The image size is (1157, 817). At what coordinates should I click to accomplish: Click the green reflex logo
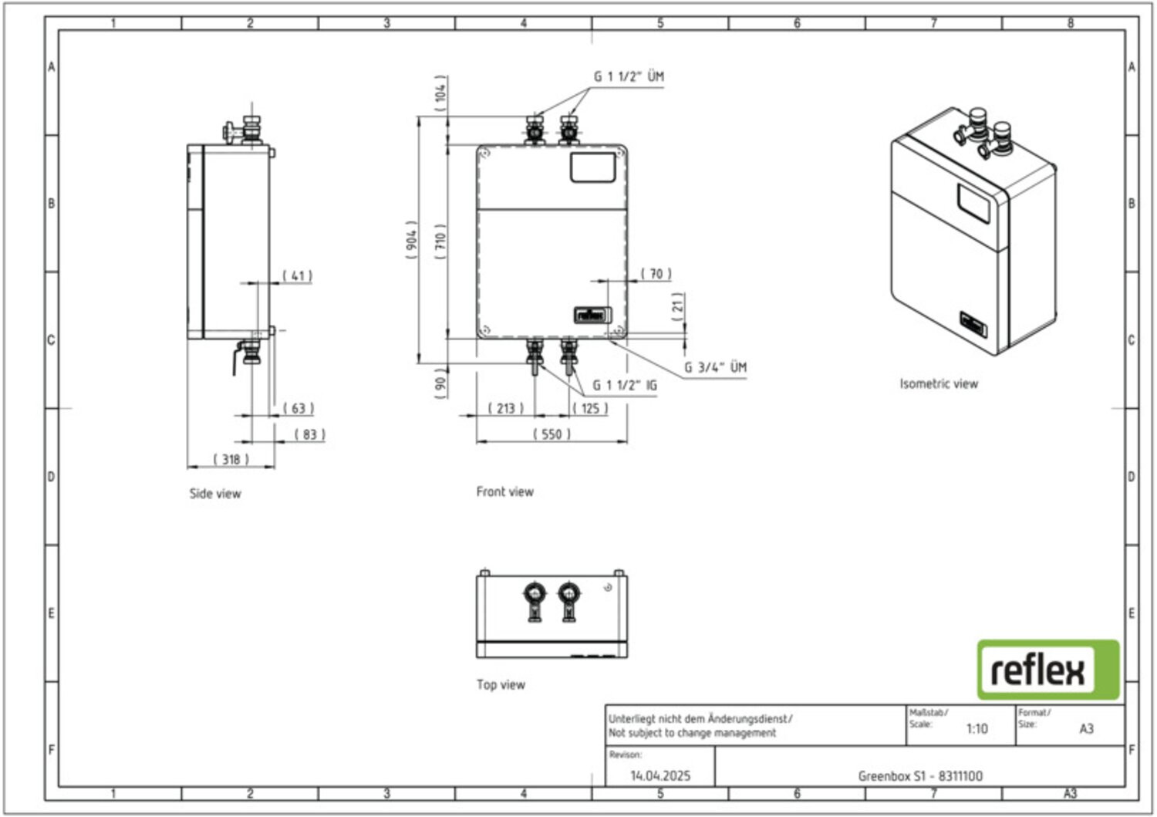(1047, 670)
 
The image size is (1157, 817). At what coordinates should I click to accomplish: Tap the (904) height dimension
(412, 240)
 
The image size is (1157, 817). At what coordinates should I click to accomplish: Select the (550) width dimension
(552, 434)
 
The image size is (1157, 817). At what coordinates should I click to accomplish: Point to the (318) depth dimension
(231, 460)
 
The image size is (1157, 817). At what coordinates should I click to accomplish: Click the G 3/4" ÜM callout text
(715, 367)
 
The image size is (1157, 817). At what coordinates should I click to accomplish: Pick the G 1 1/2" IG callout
(624, 385)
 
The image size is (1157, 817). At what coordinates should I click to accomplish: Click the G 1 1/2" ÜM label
(628, 76)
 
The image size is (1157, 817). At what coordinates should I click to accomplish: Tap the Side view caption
(215, 494)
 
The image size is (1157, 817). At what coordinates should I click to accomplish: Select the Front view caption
(504, 491)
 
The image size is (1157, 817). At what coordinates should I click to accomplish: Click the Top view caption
(501, 684)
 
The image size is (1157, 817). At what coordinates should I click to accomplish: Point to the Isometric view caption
(938, 383)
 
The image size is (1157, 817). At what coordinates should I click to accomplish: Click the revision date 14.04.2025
(660, 775)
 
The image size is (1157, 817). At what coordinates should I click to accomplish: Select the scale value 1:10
(977, 728)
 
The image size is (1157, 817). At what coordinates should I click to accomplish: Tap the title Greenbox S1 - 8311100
(920, 775)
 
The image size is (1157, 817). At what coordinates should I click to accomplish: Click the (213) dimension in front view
(505, 408)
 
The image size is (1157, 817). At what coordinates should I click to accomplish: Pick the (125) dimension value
(590, 408)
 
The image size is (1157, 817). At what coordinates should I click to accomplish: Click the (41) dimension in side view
(297, 275)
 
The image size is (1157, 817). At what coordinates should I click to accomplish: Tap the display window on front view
(592, 167)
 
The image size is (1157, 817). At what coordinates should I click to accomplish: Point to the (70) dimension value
(656, 274)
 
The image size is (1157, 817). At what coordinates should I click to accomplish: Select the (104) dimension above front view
(440, 93)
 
